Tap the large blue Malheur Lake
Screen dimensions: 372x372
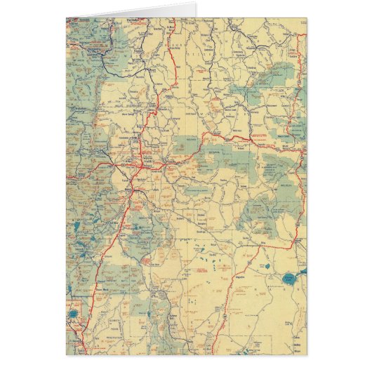[x=288, y=279]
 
